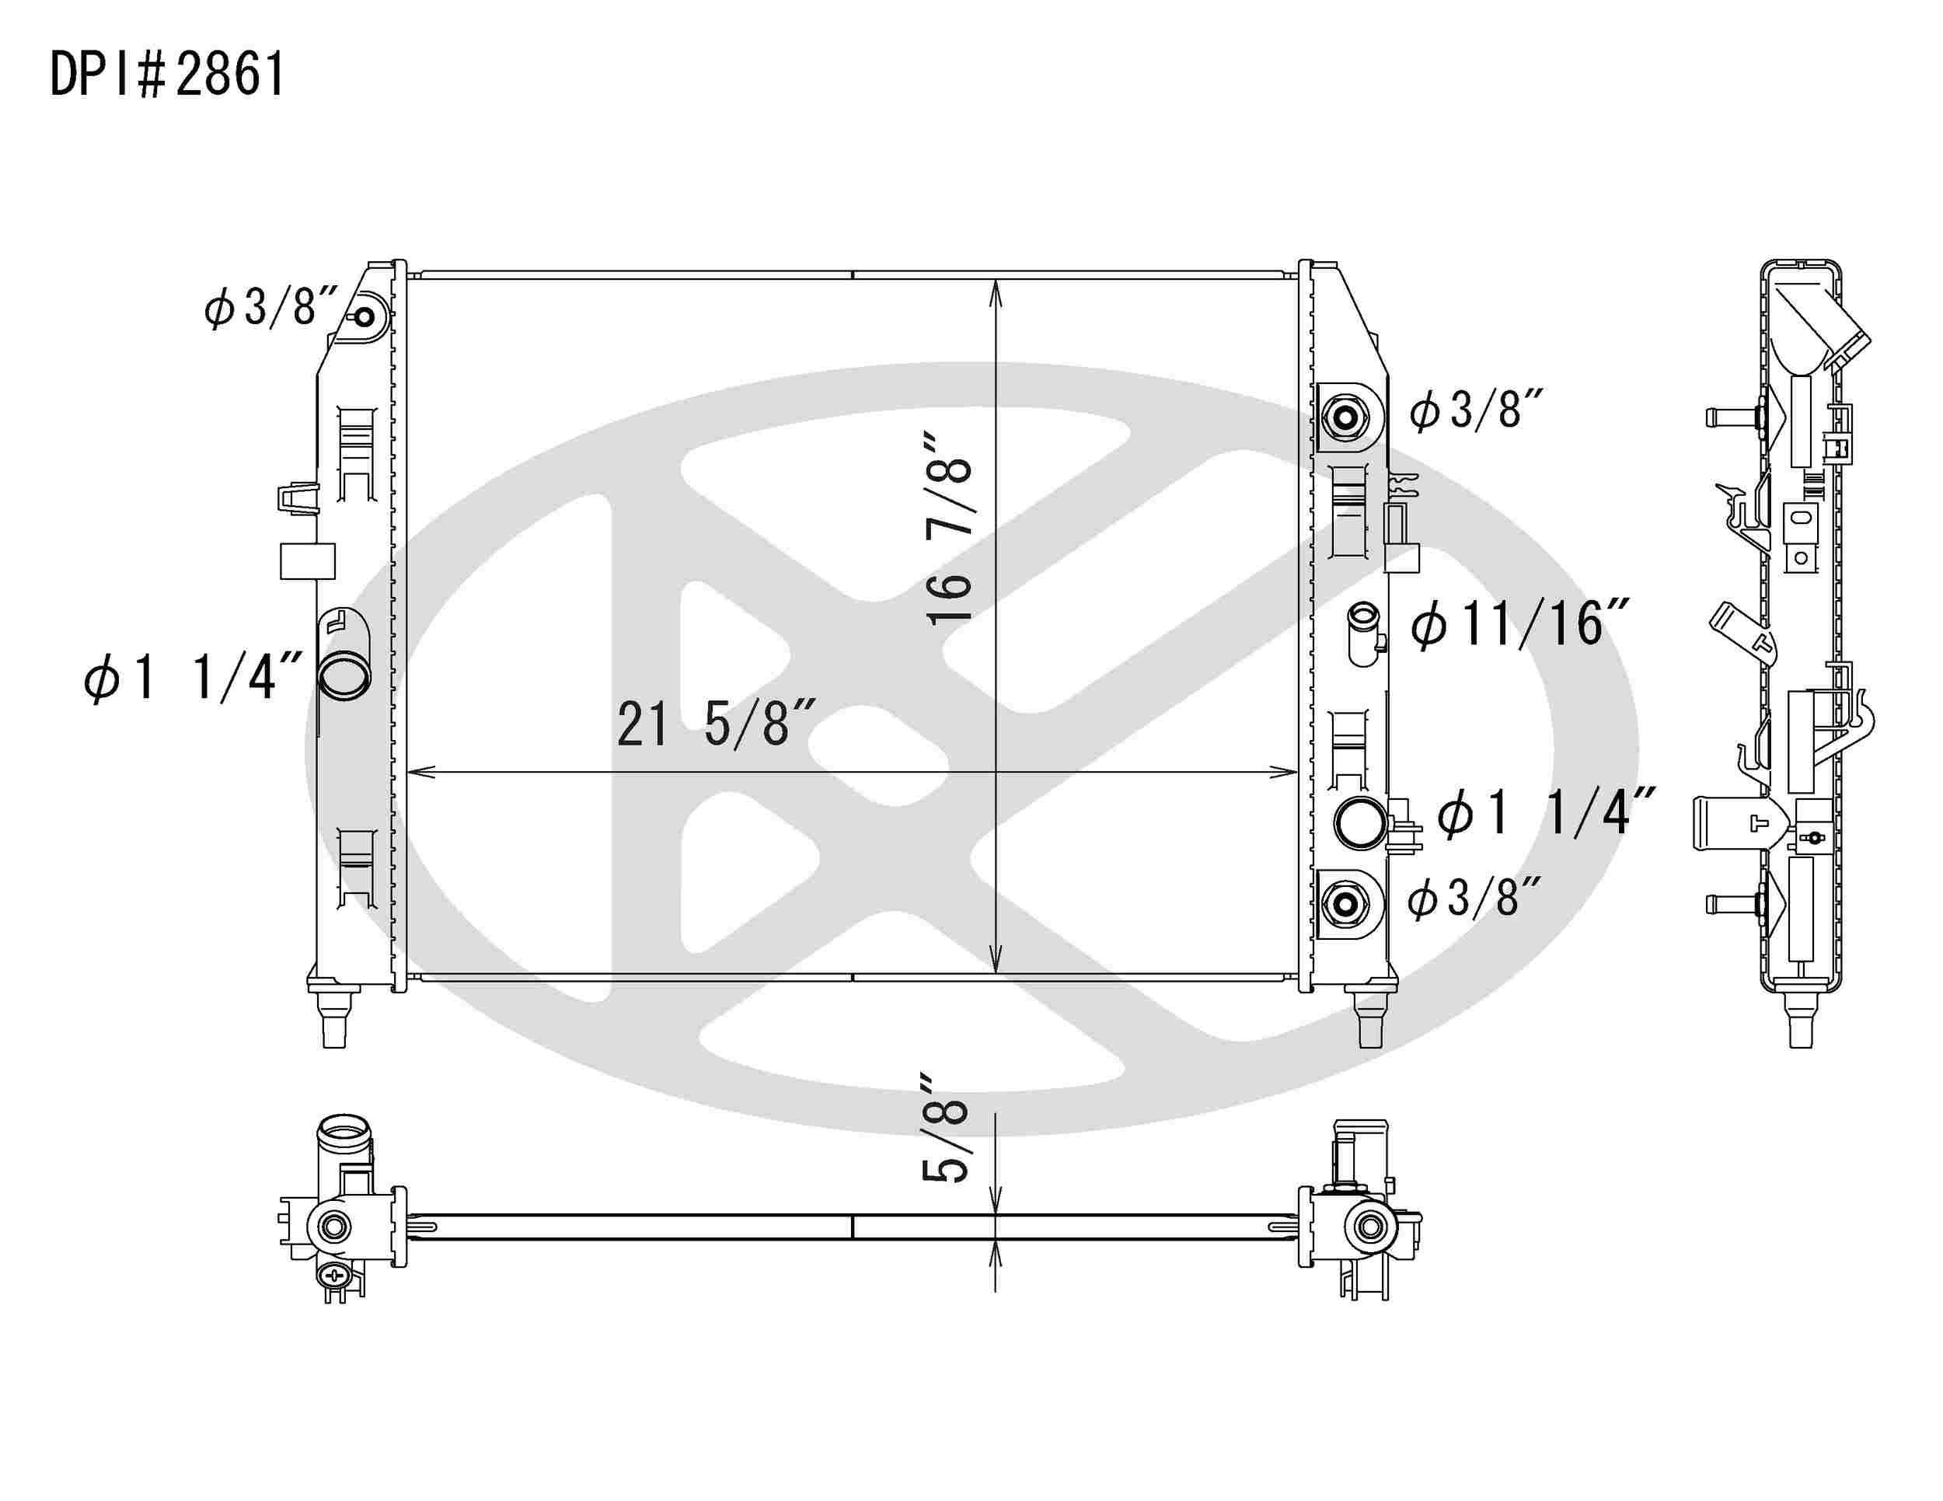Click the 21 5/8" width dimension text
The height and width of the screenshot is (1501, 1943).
714,724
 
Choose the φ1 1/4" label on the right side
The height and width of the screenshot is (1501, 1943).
1545,812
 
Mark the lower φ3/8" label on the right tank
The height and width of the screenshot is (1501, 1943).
1474,897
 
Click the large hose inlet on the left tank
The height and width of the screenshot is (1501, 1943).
344,677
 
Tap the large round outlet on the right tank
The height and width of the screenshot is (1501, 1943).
1359,823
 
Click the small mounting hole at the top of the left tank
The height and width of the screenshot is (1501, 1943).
365,318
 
